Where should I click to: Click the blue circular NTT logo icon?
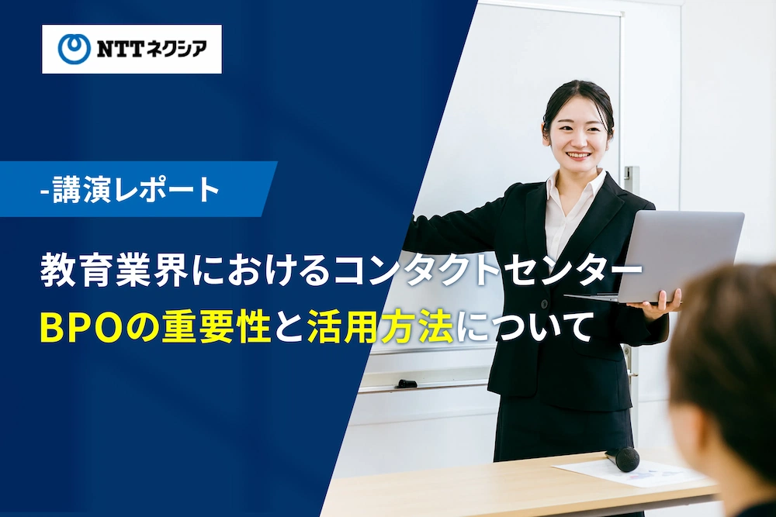(x=74, y=49)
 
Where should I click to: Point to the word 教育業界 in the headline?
(x=115, y=270)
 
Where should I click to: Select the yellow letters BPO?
(x=81, y=328)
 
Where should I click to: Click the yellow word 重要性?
(x=216, y=327)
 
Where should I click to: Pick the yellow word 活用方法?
(x=380, y=327)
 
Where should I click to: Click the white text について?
(x=524, y=327)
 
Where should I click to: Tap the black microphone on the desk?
(x=622, y=458)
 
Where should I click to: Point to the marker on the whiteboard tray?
(x=407, y=384)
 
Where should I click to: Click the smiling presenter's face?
(x=578, y=135)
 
